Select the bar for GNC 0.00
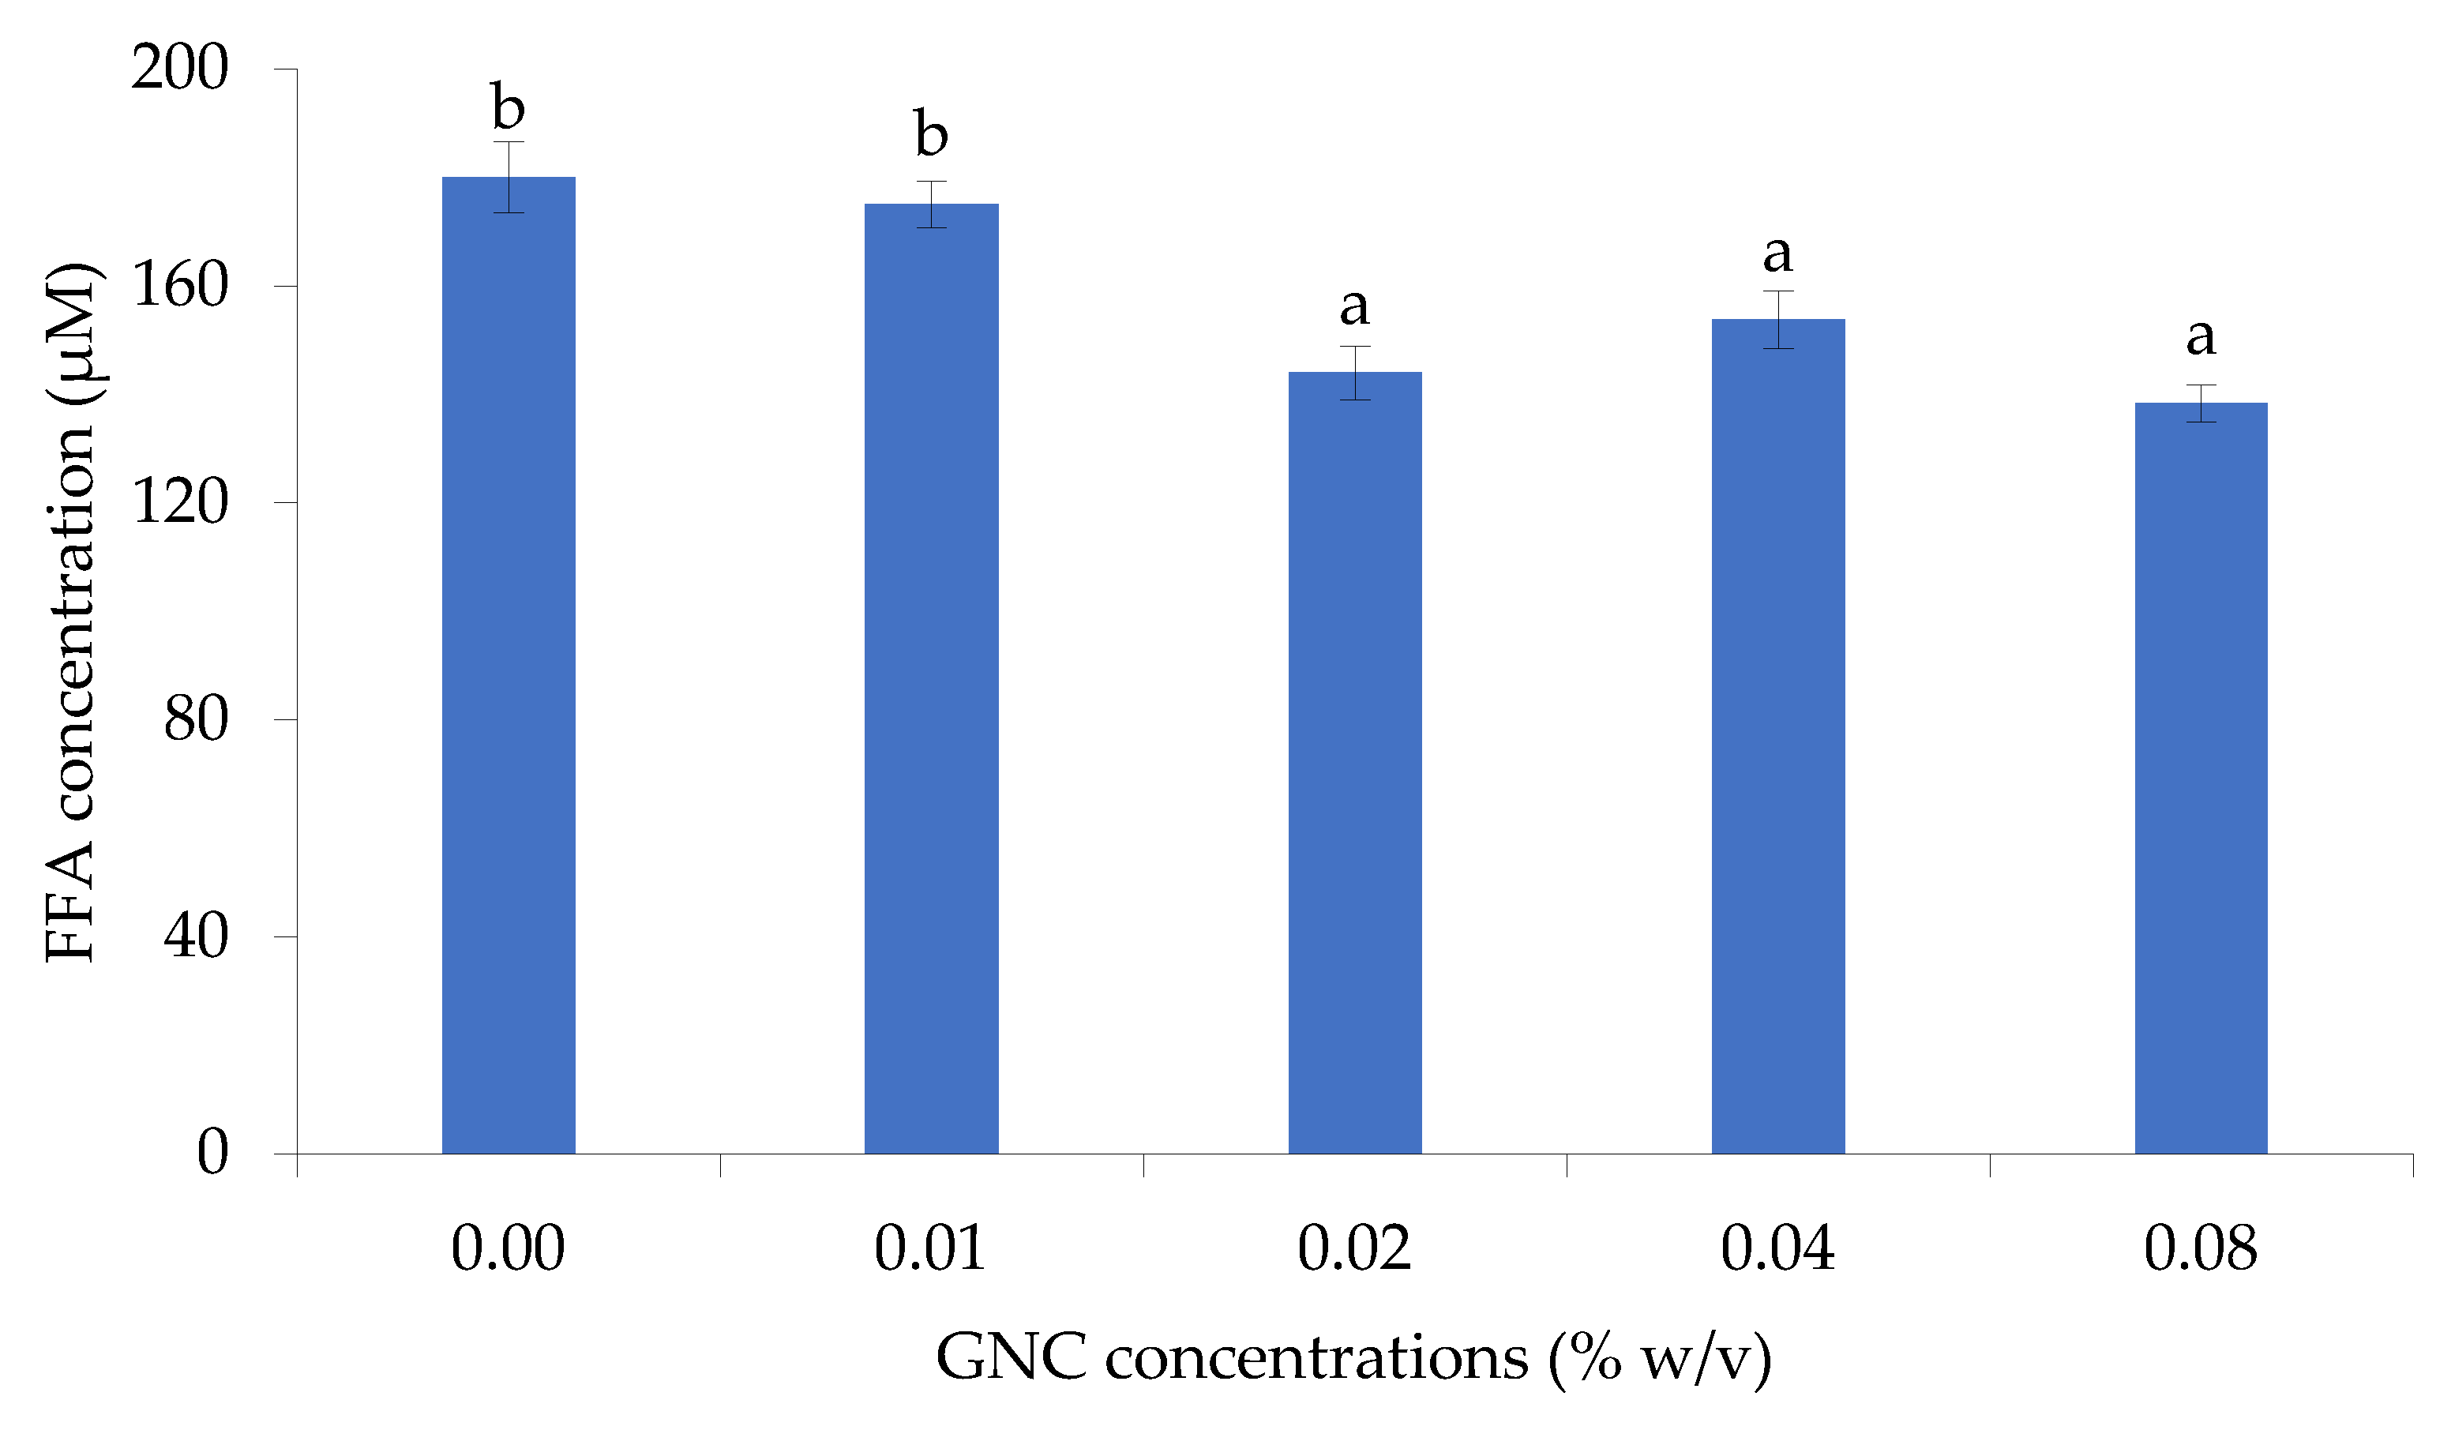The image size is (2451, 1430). point(509,666)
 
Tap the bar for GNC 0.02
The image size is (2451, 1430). point(1355,763)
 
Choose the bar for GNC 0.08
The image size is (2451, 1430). point(2201,779)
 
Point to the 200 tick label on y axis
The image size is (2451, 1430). point(180,68)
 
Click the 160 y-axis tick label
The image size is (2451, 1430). point(180,286)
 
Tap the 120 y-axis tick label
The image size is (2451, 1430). point(180,503)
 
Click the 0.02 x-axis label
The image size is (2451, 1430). point(1354,1249)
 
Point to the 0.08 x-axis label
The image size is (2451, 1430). point(2201,1249)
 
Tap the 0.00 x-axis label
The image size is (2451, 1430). point(508,1249)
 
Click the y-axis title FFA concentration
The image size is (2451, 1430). point(70,613)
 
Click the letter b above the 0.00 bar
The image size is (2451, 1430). point(508,107)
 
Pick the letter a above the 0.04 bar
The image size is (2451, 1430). point(1778,255)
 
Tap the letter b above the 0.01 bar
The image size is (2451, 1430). point(931,134)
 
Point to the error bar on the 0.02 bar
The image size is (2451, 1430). point(1355,373)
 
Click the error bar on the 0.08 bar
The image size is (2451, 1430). point(2201,403)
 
